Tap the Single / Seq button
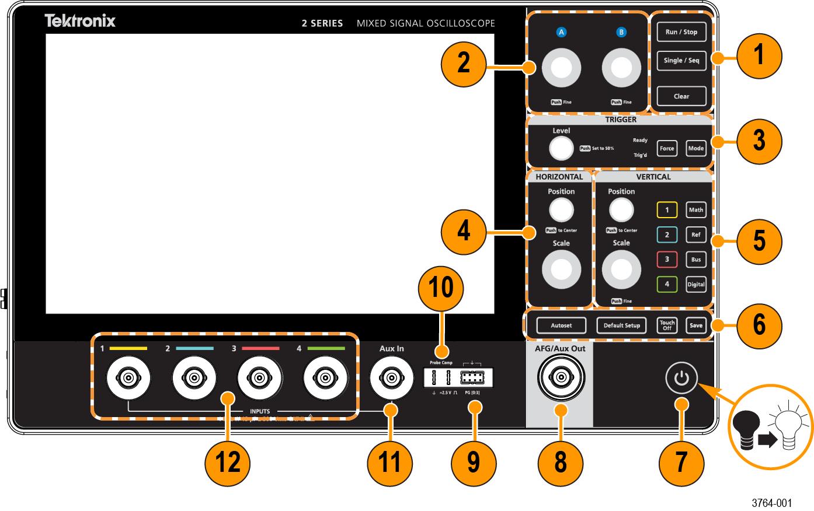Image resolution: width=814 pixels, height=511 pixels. pyautogui.click(x=681, y=60)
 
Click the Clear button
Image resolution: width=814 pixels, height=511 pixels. pyautogui.click(x=681, y=96)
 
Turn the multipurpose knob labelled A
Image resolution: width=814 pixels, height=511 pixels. pyautogui.click(x=562, y=69)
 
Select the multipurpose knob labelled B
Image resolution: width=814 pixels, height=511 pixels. pyautogui.click(x=622, y=69)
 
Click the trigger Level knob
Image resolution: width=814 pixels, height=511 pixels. pyautogui.click(x=561, y=148)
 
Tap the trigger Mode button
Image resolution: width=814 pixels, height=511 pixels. pyautogui.click(x=695, y=148)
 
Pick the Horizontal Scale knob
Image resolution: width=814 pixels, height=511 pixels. pyautogui.click(x=561, y=269)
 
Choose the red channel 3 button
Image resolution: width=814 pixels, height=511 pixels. pyautogui.click(x=667, y=260)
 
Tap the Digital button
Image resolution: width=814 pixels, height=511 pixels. pyautogui.click(x=695, y=285)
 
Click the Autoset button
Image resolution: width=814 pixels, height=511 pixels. pyautogui.click(x=561, y=325)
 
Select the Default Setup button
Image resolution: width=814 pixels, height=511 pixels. pyautogui.click(x=621, y=325)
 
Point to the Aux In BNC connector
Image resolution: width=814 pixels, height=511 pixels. pyautogui.click(x=392, y=380)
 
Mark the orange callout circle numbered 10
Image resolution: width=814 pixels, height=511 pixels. pyautogui.click(x=441, y=288)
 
